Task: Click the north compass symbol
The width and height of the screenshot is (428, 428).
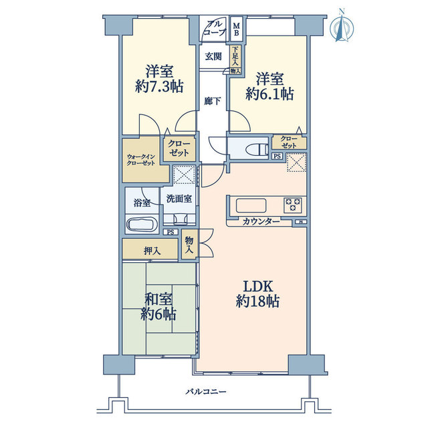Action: tap(342, 26)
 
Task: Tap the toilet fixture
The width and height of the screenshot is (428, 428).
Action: tap(257, 150)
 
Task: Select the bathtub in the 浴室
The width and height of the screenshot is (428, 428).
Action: tap(141, 225)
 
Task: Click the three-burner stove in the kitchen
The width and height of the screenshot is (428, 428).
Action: tap(293, 205)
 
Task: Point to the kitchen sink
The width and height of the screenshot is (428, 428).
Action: tap(251, 205)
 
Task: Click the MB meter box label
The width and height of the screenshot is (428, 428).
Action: tap(236, 29)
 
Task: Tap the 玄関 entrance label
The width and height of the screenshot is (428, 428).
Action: tap(213, 57)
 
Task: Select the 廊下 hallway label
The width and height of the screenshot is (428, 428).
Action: tap(213, 101)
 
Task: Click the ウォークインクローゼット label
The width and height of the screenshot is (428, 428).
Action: tap(141, 160)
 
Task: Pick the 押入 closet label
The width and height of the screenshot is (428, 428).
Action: tap(152, 251)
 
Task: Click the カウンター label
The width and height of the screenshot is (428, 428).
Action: tap(261, 221)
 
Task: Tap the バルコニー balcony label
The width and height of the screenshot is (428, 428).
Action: tap(206, 392)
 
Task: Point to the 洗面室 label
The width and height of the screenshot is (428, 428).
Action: tap(179, 199)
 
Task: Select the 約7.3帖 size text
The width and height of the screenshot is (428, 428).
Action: tap(159, 87)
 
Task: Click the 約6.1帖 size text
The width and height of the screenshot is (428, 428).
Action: tap(270, 94)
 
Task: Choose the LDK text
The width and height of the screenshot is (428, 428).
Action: tap(258, 287)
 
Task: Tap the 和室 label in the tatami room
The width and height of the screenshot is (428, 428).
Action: tap(158, 300)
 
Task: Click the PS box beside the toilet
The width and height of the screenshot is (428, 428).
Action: tap(277, 156)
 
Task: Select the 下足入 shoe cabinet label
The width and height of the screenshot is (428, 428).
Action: tap(235, 56)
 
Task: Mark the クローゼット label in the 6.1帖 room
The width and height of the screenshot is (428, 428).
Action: tap(289, 142)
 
